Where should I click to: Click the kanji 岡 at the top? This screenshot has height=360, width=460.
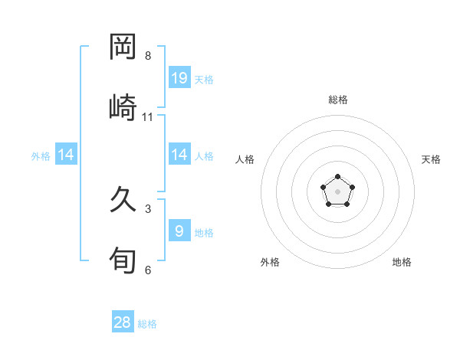pyautogui.click(x=123, y=47)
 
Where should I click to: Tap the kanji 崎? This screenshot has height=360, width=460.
pyautogui.click(x=123, y=106)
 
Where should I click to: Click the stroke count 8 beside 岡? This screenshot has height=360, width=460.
pyautogui.click(x=148, y=56)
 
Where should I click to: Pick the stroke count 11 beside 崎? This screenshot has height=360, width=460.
pyautogui.click(x=148, y=116)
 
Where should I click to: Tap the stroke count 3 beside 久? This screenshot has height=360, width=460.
pyautogui.click(x=148, y=208)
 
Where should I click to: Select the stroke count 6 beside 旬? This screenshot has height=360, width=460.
pyautogui.click(x=148, y=270)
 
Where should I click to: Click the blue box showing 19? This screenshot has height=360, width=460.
pyautogui.click(x=179, y=78)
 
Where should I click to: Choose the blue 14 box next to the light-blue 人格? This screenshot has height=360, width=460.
pyautogui.click(x=179, y=155)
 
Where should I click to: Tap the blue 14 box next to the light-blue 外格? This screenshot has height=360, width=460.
pyautogui.click(x=66, y=155)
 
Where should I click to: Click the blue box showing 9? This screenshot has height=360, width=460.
pyautogui.click(x=179, y=231)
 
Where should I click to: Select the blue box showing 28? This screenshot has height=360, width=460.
pyautogui.click(x=123, y=322)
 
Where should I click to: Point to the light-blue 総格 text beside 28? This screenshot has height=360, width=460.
pyautogui.click(x=147, y=324)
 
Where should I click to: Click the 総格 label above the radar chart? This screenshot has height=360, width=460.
pyautogui.click(x=338, y=100)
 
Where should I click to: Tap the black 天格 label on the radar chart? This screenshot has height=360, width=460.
pyautogui.click(x=432, y=159)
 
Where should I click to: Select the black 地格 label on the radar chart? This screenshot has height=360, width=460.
pyautogui.click(x=402, y=262)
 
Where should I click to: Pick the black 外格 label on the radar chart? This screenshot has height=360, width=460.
pyautogui.click(x=270, y=262)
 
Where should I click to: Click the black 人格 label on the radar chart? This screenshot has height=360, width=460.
pyautogui.click(x=245, y=159)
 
